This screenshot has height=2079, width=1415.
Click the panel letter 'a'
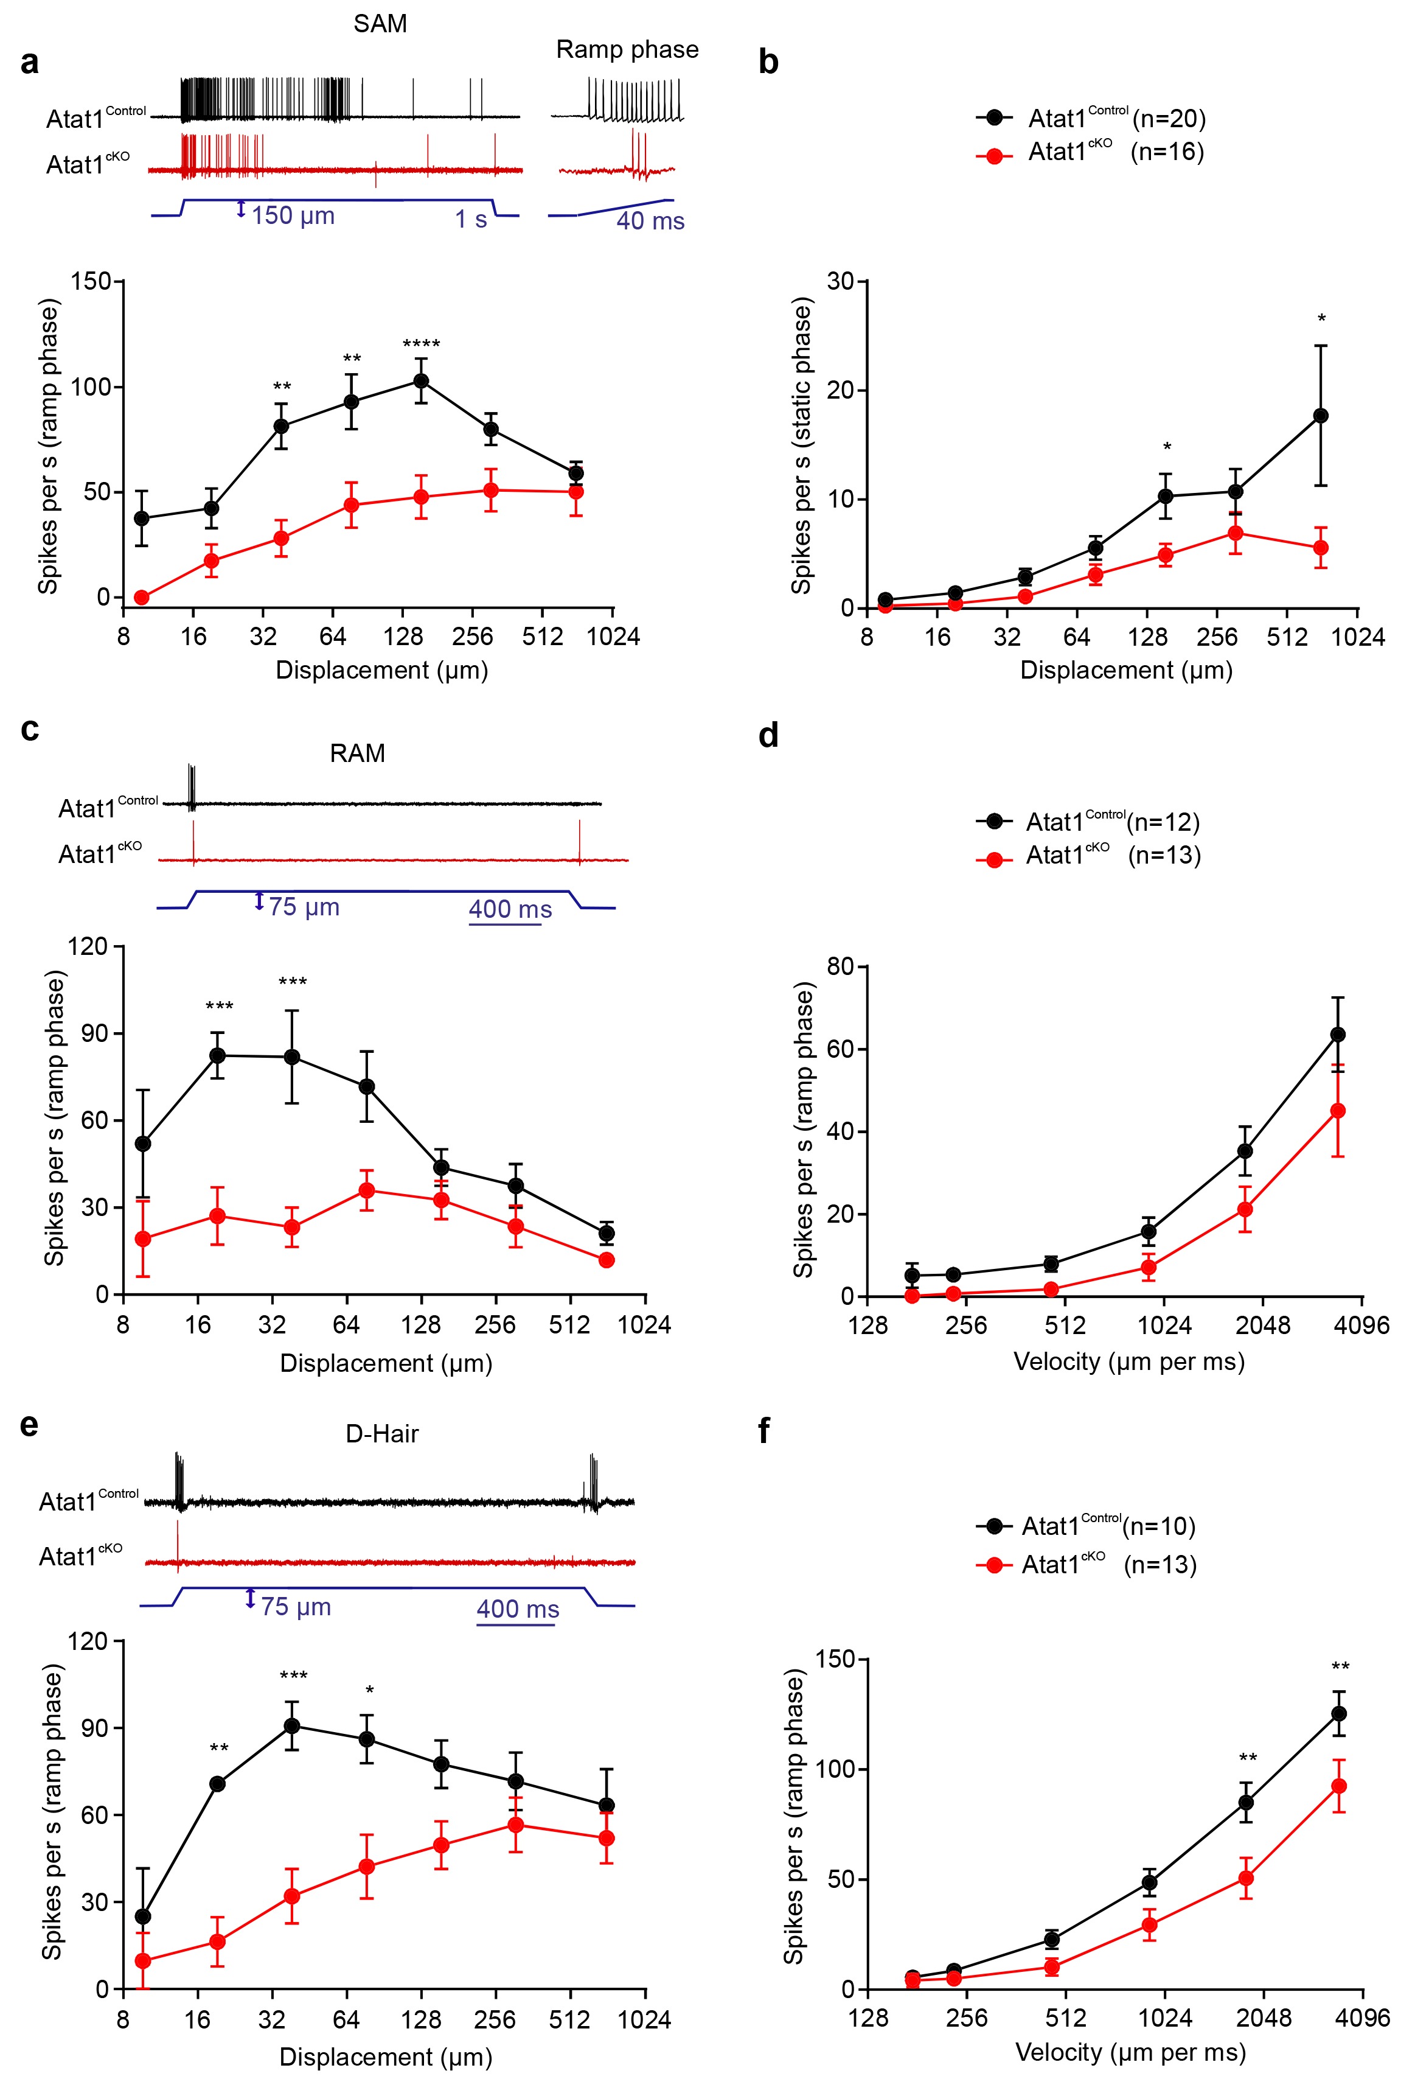pyautogui.click(x=30, y=63)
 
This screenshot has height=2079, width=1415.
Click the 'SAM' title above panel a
pyautogui.click(x=380, y=24)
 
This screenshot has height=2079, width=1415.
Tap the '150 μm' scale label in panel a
pyautogui.click(x=293, y=215)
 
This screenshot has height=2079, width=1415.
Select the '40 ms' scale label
pyautogui.click(x=650, y=221)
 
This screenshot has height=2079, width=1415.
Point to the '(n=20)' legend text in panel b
pyautogui.click(x=1169, y=118)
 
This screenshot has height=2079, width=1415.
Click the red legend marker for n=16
pyautogui.click(x=993, y=156)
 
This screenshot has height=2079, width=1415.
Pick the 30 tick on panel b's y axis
pyautogui.click(x=841, y=282)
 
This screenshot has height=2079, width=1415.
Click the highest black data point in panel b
pyautogui.click(x=1320, y=416)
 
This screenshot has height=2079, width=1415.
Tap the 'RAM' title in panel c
pyautogui.click(x=357, y=753)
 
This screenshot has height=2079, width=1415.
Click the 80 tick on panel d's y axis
pyautogui.click(x=841, y=967)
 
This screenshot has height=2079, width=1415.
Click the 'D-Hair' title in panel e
pyautogui.click(x=382, y=1434)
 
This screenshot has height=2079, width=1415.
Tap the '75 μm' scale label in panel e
pyautogui.click(x=296, y=1607)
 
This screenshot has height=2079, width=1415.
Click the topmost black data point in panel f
pyautogui.click(x=1339, y=1714)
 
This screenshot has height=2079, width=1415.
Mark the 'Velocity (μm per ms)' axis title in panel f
pyautogui.click(x=1130, y=2051)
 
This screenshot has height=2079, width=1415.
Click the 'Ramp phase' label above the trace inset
pyautogui.click(x=627, y=50)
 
